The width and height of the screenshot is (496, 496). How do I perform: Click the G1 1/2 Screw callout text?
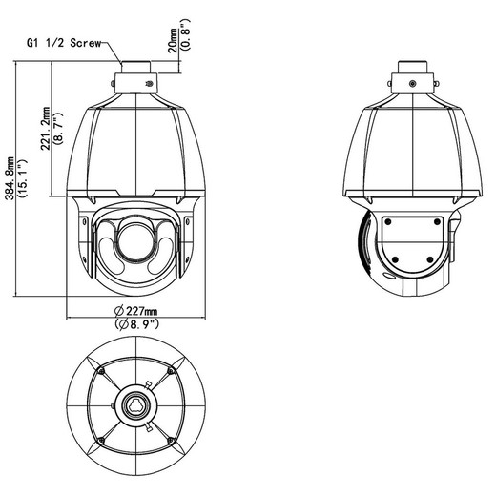pyautogui.click(x=64, y=43)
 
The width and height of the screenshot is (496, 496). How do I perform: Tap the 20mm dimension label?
pyautogui.click(x=173, y=40)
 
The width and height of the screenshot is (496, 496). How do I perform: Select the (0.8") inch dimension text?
pyautogui.click(x=185, y=34)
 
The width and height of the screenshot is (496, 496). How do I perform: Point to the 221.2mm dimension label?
pyautogui.click(x=46, y=128)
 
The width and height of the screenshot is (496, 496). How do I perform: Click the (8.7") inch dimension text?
pyautogui.click(x=58, y=128)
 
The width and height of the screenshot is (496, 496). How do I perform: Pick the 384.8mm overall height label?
pyautogui.click(x=10, y=178)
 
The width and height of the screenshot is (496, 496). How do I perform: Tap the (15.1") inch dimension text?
pyautogui.click(x=23, y=178)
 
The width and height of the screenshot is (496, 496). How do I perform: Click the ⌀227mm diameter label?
pyautogui.click(x=135, y=310)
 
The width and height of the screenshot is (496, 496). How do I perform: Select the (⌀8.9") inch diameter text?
pyautogui.click(x=136, y=324)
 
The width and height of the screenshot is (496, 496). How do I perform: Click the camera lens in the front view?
pyautogui.click(x=135, y=240)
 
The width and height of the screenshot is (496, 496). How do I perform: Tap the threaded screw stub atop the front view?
pyautogui.click(x=135, y=68)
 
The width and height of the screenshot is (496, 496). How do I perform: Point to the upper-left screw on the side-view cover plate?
pyautogui.click(x=388, y=221)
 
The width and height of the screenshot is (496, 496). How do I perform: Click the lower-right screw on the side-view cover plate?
pyautogui.click(x=430, y=259)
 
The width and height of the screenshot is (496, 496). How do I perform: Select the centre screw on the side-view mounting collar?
pyautogui.click(x=412, y=84)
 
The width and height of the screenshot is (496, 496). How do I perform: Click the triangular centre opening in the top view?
pyautogui.click(x=135, y=405)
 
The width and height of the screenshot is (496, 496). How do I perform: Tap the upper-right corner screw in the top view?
pyautogui.click(x=171, y=371)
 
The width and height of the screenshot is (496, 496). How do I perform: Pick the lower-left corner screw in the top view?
pyautogui.click(x=101, y=441)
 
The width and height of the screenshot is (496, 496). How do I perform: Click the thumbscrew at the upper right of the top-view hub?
pyautogui.click(x=148, y=384)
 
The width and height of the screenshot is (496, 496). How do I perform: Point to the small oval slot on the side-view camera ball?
pyautogui.click(x=389, y=277)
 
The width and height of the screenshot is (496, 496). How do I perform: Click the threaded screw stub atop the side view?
pyautogui.click(x=412, y=68)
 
